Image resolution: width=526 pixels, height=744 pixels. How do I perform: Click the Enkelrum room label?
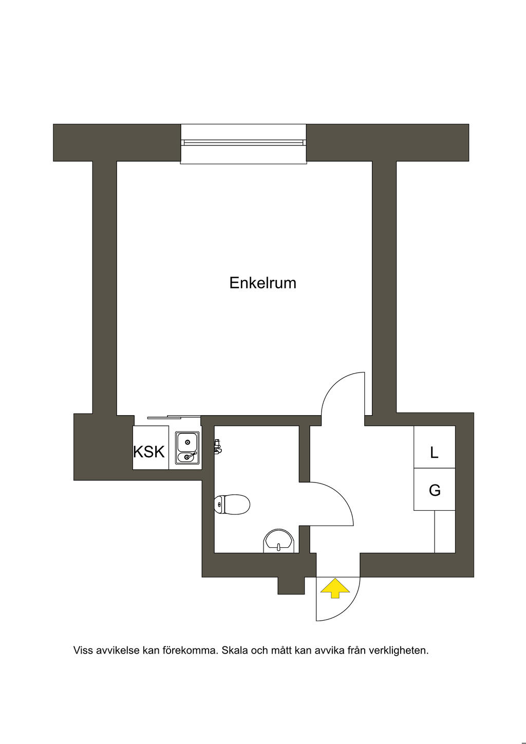pos(262,283)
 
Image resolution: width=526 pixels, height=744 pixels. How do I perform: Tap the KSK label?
pos(149,452)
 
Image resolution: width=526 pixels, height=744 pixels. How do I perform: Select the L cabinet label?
pos(434,452)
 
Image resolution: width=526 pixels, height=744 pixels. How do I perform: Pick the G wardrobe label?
pos(435,490)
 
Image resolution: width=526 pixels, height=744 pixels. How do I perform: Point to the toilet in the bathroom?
pos(232,504)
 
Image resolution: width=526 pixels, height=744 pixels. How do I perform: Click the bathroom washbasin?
pos(278,542)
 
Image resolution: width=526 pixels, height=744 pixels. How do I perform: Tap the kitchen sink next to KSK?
pos(187,448)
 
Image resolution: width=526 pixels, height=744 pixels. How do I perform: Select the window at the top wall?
pos(243,144)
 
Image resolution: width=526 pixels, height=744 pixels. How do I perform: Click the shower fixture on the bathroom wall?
pos(218,447)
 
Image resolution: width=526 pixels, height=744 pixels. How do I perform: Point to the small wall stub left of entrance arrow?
pos(291,586)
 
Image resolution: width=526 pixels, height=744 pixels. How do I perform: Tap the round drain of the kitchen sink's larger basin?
pos(187,442)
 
